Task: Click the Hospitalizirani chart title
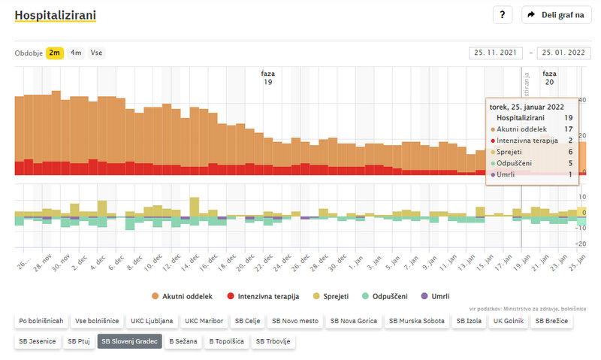55,15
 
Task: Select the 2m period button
55,53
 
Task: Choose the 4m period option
76,53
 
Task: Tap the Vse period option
96,53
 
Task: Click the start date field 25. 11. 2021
494,53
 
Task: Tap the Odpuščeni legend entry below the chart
386,296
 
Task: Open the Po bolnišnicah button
41,322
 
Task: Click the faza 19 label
267,77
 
